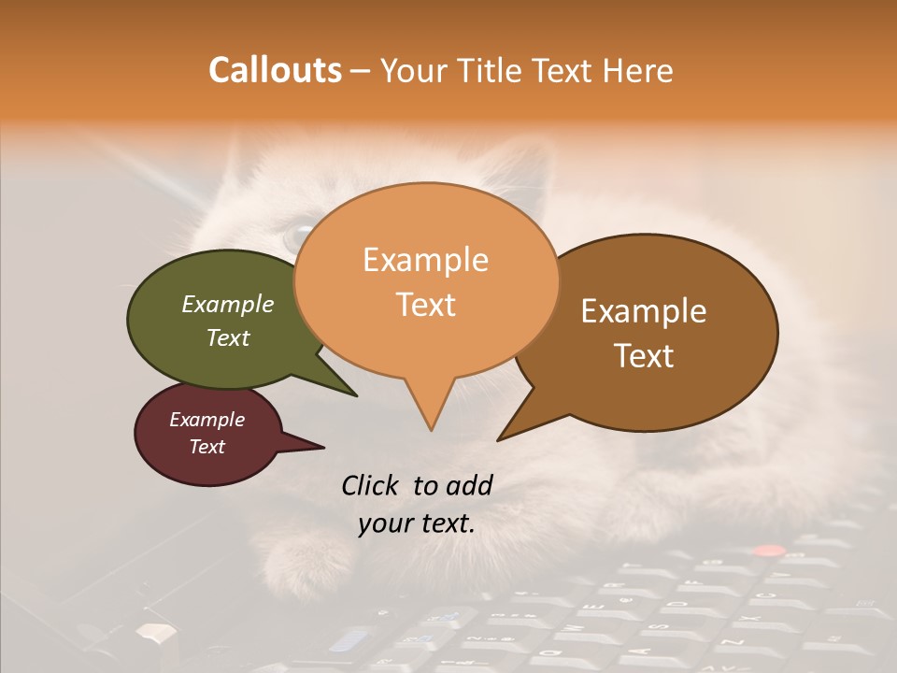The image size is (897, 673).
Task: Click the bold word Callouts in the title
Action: click(x=275, y=70)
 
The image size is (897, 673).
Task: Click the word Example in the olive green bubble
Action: click(x=227, y=304)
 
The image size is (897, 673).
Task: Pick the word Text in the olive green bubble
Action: click(x=227, y=337)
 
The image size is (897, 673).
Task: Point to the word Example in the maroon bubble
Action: click(x=206, y=420)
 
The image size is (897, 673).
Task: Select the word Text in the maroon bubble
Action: click(x=206, y=447)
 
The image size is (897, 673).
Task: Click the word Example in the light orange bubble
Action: click(x=425, y=260)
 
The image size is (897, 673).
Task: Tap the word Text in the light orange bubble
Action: click(x=425, y=305)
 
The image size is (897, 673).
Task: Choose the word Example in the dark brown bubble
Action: click(x=644, y=311)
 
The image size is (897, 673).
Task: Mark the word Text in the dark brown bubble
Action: click(x=644, y=356)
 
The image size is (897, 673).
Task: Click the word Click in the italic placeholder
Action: click(x=373, y=485)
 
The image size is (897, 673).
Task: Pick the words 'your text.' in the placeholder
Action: click(x=417, y=523)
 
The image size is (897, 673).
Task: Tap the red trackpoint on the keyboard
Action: click(x=768, y=551)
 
